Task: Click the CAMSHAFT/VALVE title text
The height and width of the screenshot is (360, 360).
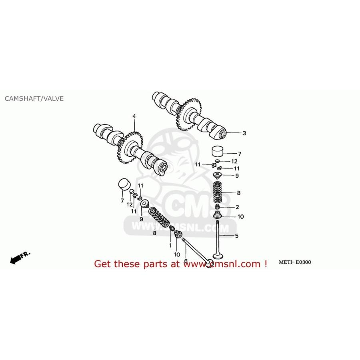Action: coord(34,98)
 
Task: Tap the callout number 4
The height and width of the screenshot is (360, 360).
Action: coord(134,116)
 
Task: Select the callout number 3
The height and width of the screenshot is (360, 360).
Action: coord(244,133)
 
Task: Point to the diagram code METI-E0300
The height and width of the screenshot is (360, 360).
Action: coord(295,262)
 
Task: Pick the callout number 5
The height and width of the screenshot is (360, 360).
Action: coord(237,236)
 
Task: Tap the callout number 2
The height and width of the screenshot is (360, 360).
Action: coord(237,207)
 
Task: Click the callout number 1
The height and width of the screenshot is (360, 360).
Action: coord(170,246)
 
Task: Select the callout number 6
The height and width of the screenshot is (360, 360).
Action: coord(186,261)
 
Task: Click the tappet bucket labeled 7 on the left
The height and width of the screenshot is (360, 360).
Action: coord(124,184)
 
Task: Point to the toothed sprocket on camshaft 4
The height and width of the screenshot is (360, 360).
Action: coord(130,147)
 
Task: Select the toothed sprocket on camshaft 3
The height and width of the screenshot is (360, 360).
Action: coord(189,114)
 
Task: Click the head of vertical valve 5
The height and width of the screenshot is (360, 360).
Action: coord(217,256)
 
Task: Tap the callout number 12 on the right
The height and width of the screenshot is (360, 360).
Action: coord(234,162)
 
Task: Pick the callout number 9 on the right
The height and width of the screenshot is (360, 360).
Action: coord(237,176)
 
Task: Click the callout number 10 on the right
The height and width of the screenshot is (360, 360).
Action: coord(241,217)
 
